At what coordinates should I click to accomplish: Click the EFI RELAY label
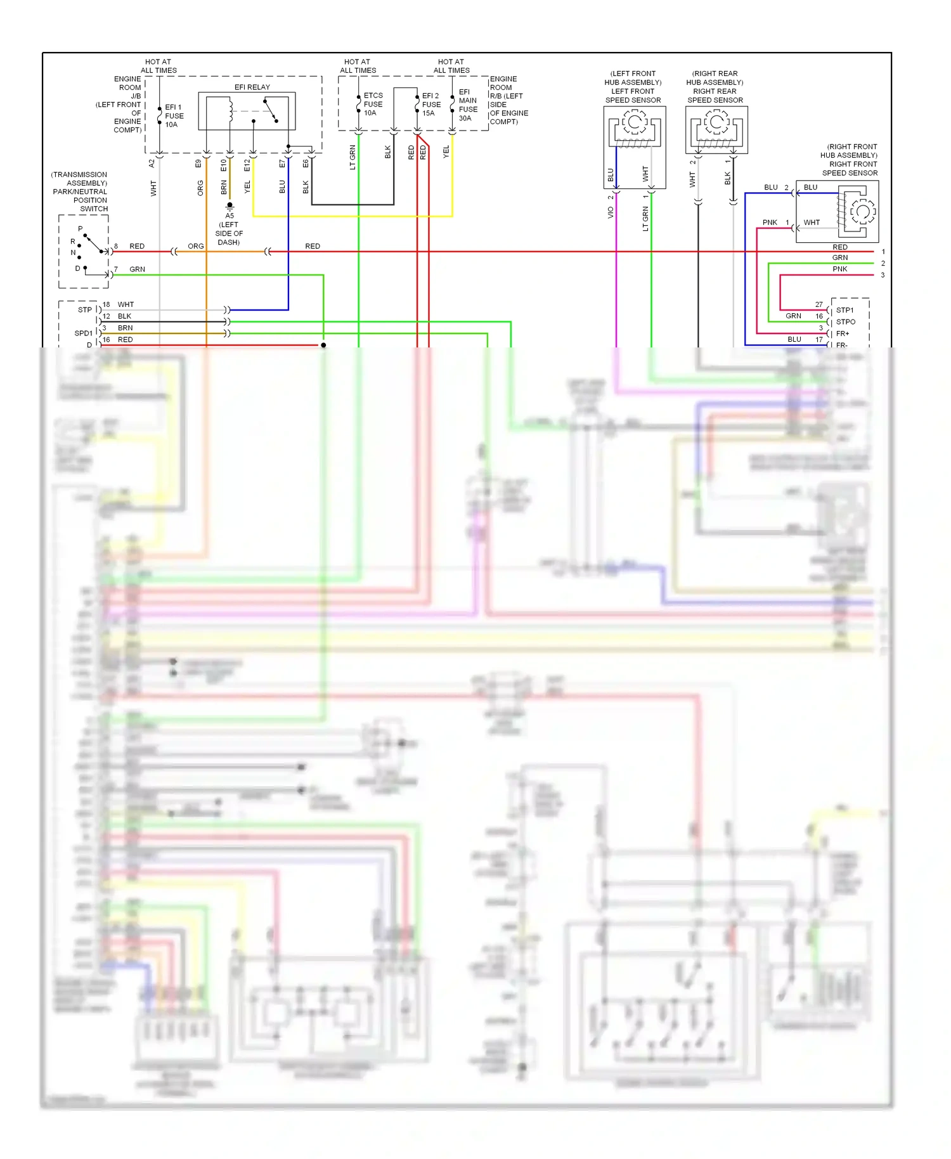coord(252,87)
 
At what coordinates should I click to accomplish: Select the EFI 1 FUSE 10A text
coord(174,116)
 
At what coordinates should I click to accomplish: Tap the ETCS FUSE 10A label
coord(373,105)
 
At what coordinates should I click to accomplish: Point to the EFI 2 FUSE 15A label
coord(431,105)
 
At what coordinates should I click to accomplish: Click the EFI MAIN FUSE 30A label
coord(468,105)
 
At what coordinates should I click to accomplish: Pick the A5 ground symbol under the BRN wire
coord(230,205)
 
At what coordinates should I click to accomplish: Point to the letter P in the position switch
coord(81,229)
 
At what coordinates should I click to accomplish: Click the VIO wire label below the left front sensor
coord(611,213)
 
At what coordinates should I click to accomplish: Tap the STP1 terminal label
coord(844,310)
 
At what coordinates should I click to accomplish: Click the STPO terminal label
coord(845,321)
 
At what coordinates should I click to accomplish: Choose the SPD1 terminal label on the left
coord(84,333)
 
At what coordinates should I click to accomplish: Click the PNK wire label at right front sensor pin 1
coord(770,223)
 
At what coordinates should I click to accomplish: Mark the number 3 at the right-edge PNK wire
coord(883,275)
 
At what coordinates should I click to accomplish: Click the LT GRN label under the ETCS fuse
coord(353,157)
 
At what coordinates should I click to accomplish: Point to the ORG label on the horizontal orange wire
coord(196,246)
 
